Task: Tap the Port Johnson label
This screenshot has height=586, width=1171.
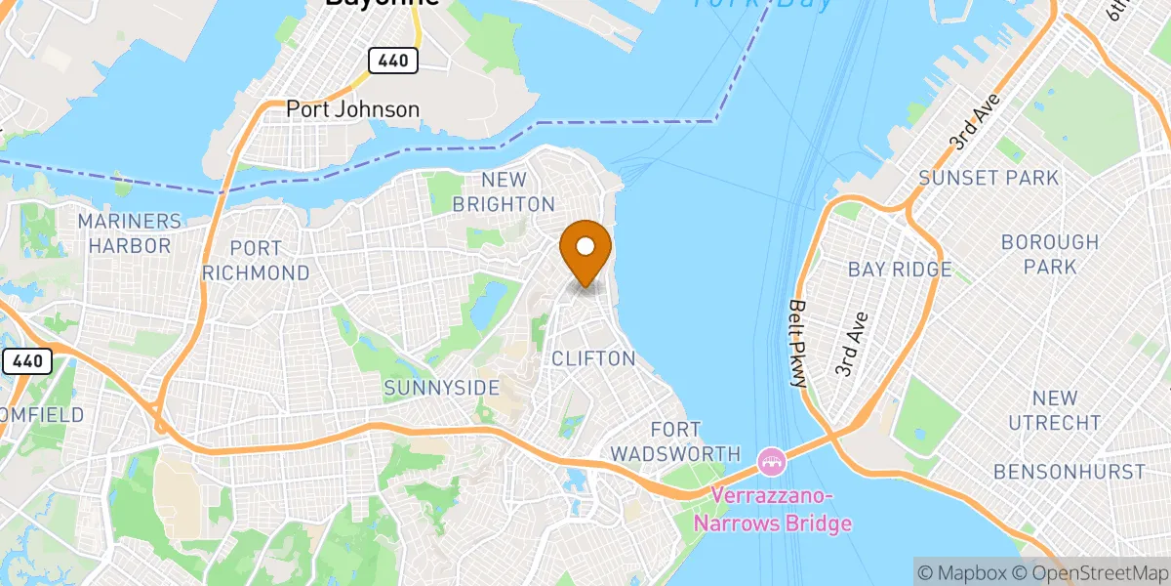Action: click(352, 109)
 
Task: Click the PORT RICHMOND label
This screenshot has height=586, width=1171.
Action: click(257, 261)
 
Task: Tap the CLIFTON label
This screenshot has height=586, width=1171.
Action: click(593, 358)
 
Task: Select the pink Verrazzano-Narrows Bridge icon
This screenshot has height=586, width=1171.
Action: click(771, 457)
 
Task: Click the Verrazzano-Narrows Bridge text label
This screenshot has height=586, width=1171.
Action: click(781, 510)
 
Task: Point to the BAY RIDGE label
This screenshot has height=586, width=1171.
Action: click(899, 269)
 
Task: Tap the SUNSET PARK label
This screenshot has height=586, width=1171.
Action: click(989, 178)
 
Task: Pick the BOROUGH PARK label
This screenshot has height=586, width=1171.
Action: click(1050, 254)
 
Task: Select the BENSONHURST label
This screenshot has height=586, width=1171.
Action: click(1069, 472)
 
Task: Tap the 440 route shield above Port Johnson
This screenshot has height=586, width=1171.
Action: click(393, 61)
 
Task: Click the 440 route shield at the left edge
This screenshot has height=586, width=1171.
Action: click(26, 361)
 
